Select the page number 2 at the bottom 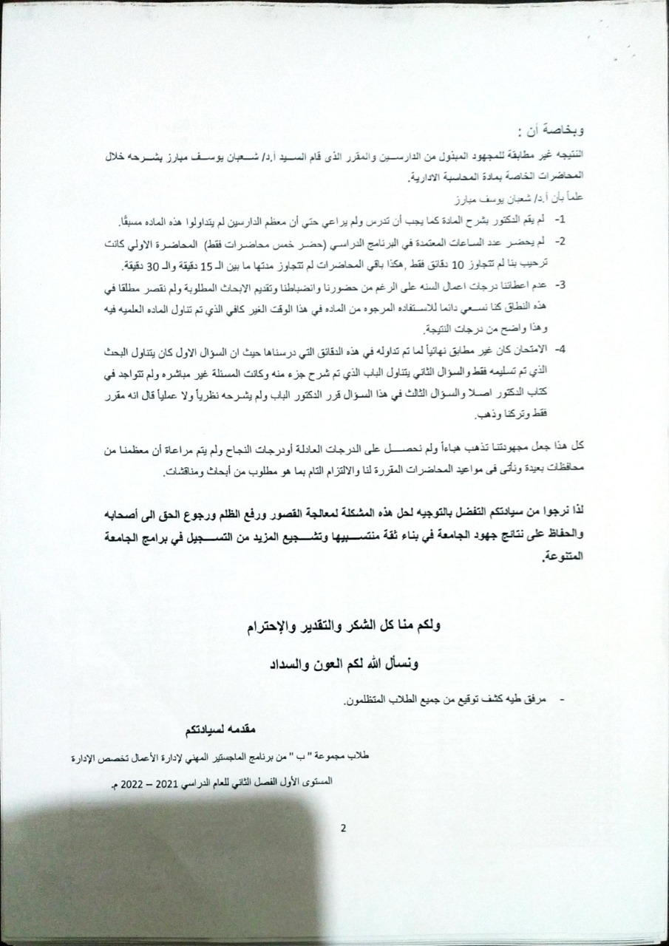343,828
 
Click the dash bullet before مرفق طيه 564,698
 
